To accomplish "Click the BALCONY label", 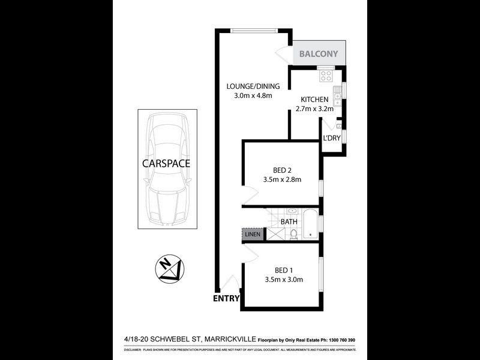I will pos(319,54).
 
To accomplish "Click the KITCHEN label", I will pos(314,100).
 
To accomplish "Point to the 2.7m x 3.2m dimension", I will pos(314,109).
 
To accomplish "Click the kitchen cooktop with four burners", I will pos(326,76).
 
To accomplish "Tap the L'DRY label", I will pos(331,139).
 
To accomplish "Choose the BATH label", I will pos(289,222).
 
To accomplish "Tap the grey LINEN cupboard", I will pos(252,234).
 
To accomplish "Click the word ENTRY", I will pos(226,298).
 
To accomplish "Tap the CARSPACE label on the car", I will pos(166,163).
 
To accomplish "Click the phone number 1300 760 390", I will pos(340,340).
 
